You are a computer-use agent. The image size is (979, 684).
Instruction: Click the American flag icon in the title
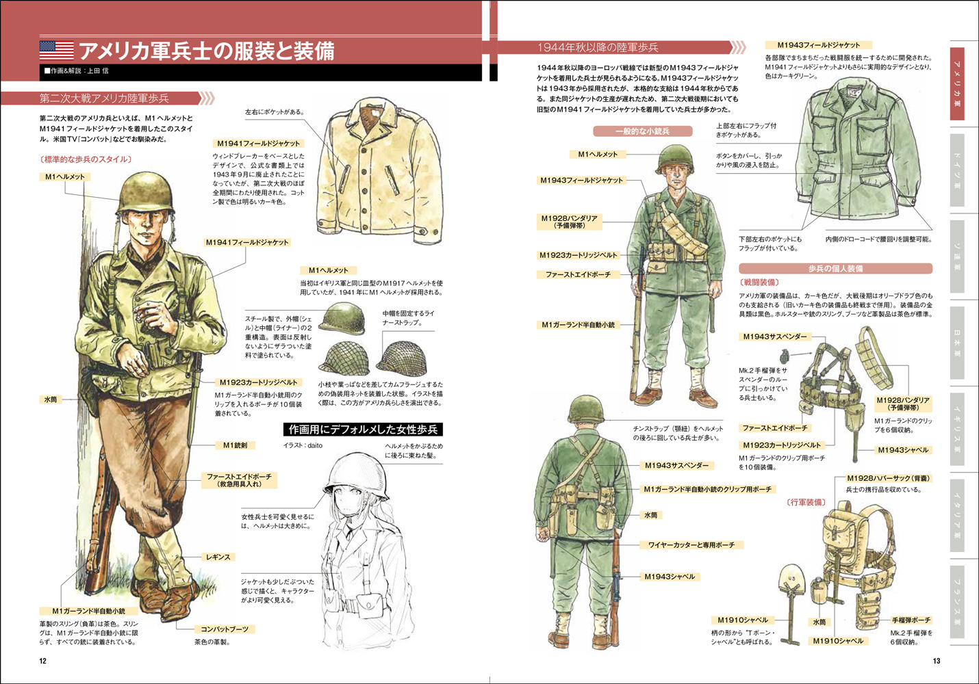tap(56, 50)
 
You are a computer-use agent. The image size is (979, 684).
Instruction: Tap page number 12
tap(43, 661)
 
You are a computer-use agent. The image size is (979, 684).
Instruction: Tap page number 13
tap(937, 661)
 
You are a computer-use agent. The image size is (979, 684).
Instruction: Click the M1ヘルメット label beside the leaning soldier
tap(65, 177)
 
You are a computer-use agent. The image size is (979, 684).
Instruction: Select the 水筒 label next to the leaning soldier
tap(51, 399)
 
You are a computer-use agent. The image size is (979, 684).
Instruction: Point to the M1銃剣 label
tap(235, 445)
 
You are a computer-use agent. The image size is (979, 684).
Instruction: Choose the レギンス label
tap(218, 557)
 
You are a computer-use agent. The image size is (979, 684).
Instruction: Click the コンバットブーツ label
tap(225, 629)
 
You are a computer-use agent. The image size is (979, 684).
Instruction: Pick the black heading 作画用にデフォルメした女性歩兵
tap(363, 430)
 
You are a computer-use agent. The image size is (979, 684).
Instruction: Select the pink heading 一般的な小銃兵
tap(642, 131)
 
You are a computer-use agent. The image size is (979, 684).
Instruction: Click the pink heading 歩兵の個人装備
tap(835, 269)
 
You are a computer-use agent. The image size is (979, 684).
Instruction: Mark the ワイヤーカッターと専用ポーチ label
tap(691, 545)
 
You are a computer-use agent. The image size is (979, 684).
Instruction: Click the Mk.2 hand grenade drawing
tap(785, 356)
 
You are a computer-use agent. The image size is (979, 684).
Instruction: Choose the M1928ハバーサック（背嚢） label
tap(889, 478)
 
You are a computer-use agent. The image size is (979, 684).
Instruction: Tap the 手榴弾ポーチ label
tap(911, 620)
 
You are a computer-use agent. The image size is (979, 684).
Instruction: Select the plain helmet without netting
tap(342, 318)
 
